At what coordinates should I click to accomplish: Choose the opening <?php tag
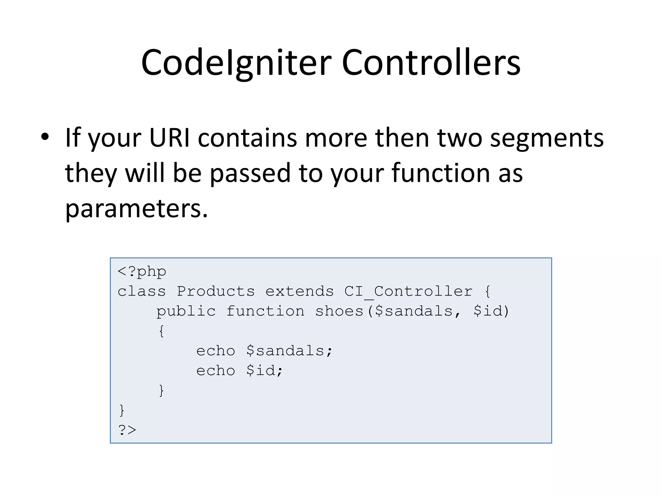coord(142,272)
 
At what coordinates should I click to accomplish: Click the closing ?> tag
coord(127,430)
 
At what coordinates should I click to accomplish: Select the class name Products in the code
coord(216,291)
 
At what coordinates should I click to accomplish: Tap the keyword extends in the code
coord(299,291)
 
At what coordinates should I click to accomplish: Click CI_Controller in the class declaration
coord(408,291)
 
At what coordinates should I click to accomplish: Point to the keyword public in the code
coord(186,311)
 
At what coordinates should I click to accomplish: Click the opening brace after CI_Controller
coord(487,291)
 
